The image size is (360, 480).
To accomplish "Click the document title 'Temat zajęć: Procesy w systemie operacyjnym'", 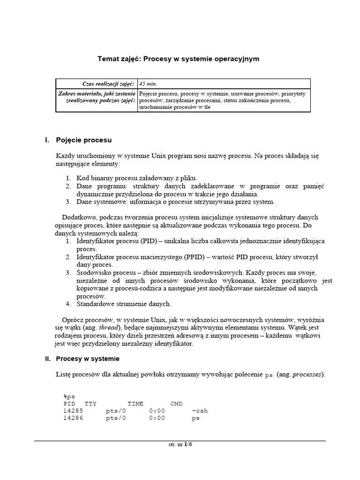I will pyautogui.click(x=178, y=59).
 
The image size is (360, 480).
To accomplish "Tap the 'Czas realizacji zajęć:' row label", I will pyautogui.click(x=108, y=84).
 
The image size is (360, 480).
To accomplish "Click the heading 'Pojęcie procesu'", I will pyautogui.click(x=83, y=140).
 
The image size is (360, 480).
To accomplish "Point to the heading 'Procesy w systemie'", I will pyautogui.click(x=88, y=359).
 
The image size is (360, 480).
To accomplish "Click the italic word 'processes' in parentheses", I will pyautogui.click(x=307, y=375).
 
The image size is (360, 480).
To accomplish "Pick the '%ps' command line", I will pyautogui.click(x=69, y=397).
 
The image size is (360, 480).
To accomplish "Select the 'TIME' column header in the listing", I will pyautogui.click(x=135, y=404).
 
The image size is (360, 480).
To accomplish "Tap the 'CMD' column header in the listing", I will pyautogui.click(x=177, y=404).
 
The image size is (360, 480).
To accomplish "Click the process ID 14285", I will pyautogui.click(x=73, y=411).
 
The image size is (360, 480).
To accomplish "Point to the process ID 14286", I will pyautogui.click(x=73, y=418).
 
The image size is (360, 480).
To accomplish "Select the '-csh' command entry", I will pyautogui.click(x=200, y=411).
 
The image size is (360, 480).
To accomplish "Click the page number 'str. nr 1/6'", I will pyautogui.click(x=180, y=445).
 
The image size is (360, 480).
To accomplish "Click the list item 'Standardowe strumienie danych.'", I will pyautogui.click(x=124, y=304).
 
